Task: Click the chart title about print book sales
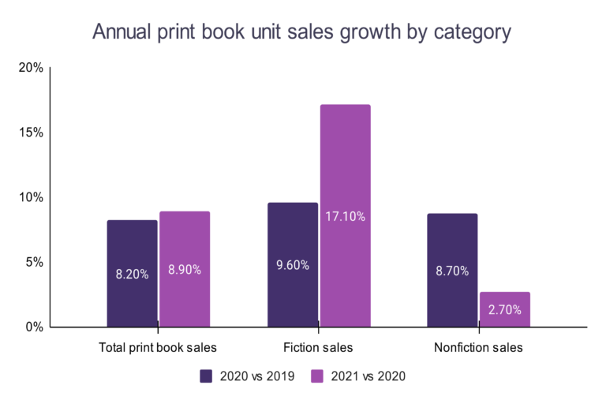click(x=302, y=32)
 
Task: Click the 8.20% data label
click(x=132, y=275)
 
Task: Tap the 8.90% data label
click(x=185, y=269)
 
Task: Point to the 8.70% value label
click(x=452, y=271)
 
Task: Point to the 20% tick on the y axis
click(x=31, y=68)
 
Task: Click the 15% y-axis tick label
click(x=31, y=133)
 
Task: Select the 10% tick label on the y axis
click(x=31, y=197)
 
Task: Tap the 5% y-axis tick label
click(x=34, y=262)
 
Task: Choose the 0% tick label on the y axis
click(x=34, y=327)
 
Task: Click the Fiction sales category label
click(x=318, y=347)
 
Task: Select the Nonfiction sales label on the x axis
click(x=478, y=347)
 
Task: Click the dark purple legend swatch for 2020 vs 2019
click(x=207, y=376)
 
